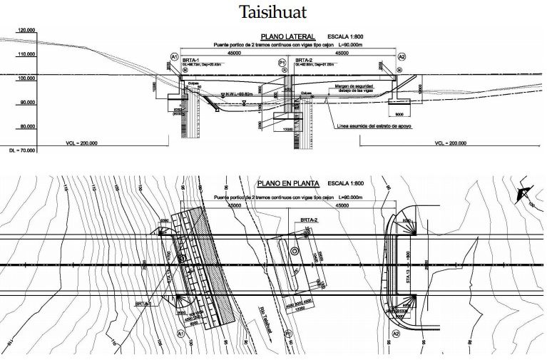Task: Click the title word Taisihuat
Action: pyautogui.click(x=273, y=12)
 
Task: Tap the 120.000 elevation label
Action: pyautogui.click(x=26, y=31)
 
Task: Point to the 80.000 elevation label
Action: pyautogui.click(x=26, y=127)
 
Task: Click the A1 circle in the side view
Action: pyautogui.click(x=173, y=56)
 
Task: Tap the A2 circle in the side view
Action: pyautogui.click(x=402, y=56)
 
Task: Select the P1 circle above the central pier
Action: pyautogui.click(x=283, y=63)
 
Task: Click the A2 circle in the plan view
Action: pyautogui.click(x=396, y=333)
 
